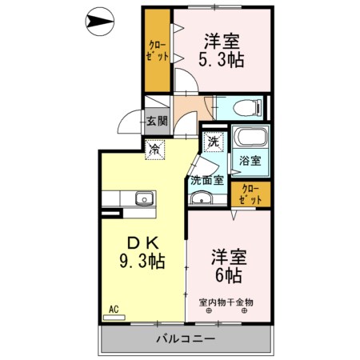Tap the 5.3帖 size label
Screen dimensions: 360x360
(222, 59)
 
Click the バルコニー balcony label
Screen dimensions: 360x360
(185, 339)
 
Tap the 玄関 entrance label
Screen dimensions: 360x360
(157, 122)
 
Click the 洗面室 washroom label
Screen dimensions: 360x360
(206, 181)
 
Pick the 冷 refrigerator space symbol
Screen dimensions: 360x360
(154, 148)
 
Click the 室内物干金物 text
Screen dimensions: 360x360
(226, 302)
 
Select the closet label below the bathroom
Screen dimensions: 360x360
(250, 194)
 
